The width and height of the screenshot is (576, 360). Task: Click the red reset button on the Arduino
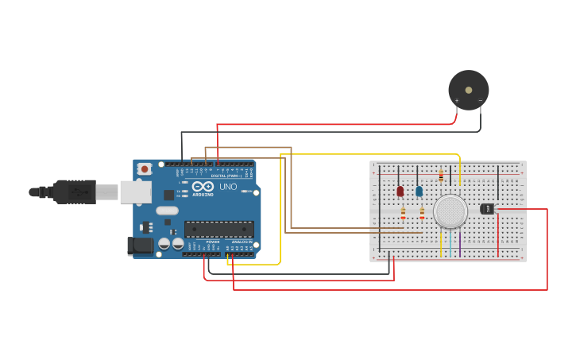point(145,168)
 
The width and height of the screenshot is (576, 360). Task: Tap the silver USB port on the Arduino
point(135,192)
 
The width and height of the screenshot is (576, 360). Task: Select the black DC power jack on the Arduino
point(141,246)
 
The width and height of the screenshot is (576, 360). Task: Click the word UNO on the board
point(228,187)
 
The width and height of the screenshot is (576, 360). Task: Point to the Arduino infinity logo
point(203,186)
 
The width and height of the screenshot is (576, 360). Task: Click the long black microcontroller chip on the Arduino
point(219,230)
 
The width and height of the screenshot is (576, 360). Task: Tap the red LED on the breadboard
point(400,191)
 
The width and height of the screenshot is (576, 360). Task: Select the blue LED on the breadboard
point(419,191)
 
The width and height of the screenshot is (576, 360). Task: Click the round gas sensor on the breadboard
point(450,211)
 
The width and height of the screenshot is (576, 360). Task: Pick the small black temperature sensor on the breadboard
point(487,209)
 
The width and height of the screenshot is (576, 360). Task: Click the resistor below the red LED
point(403,213)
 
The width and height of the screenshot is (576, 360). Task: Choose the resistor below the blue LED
point(422,213)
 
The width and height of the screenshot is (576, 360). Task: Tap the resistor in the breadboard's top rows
point(441,176)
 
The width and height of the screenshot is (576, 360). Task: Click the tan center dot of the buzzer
point(469,90)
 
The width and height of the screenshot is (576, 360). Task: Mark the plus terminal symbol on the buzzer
point(457,101)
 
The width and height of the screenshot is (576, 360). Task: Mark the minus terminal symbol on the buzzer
point(480,101)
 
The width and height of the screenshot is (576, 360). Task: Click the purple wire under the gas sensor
point(459,242)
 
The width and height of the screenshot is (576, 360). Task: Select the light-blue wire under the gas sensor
point(450,242)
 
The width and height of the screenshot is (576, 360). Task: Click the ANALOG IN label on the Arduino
point(242,242)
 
